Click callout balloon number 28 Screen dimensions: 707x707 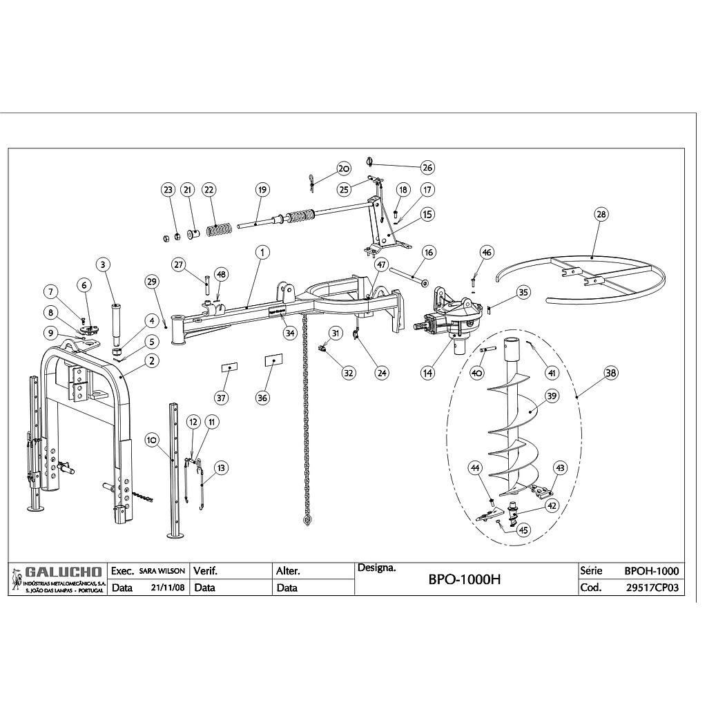[x=601, y=214]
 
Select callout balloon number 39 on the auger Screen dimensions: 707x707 [x=552, y=396]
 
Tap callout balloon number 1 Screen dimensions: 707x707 [x=262, y=253]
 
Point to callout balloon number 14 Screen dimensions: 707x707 [x=428, y=372]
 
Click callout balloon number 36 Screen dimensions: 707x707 [x=262, y=397]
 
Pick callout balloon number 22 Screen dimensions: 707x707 [x=209, y=189]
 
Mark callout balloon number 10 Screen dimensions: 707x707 [x=151, y=438]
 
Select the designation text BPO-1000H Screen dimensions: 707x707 [x=464, y=580]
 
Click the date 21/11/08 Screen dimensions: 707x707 [x=167, y=588]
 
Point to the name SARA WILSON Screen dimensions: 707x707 [x=162, y=572]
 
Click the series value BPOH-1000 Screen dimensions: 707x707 [x=651, y=571]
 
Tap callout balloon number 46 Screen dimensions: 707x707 [x=487, y=253]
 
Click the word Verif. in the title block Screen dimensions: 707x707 [x=206, y=571]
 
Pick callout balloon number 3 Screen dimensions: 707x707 [x=102, y=264]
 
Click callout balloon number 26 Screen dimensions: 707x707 [x=427, y=168]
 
